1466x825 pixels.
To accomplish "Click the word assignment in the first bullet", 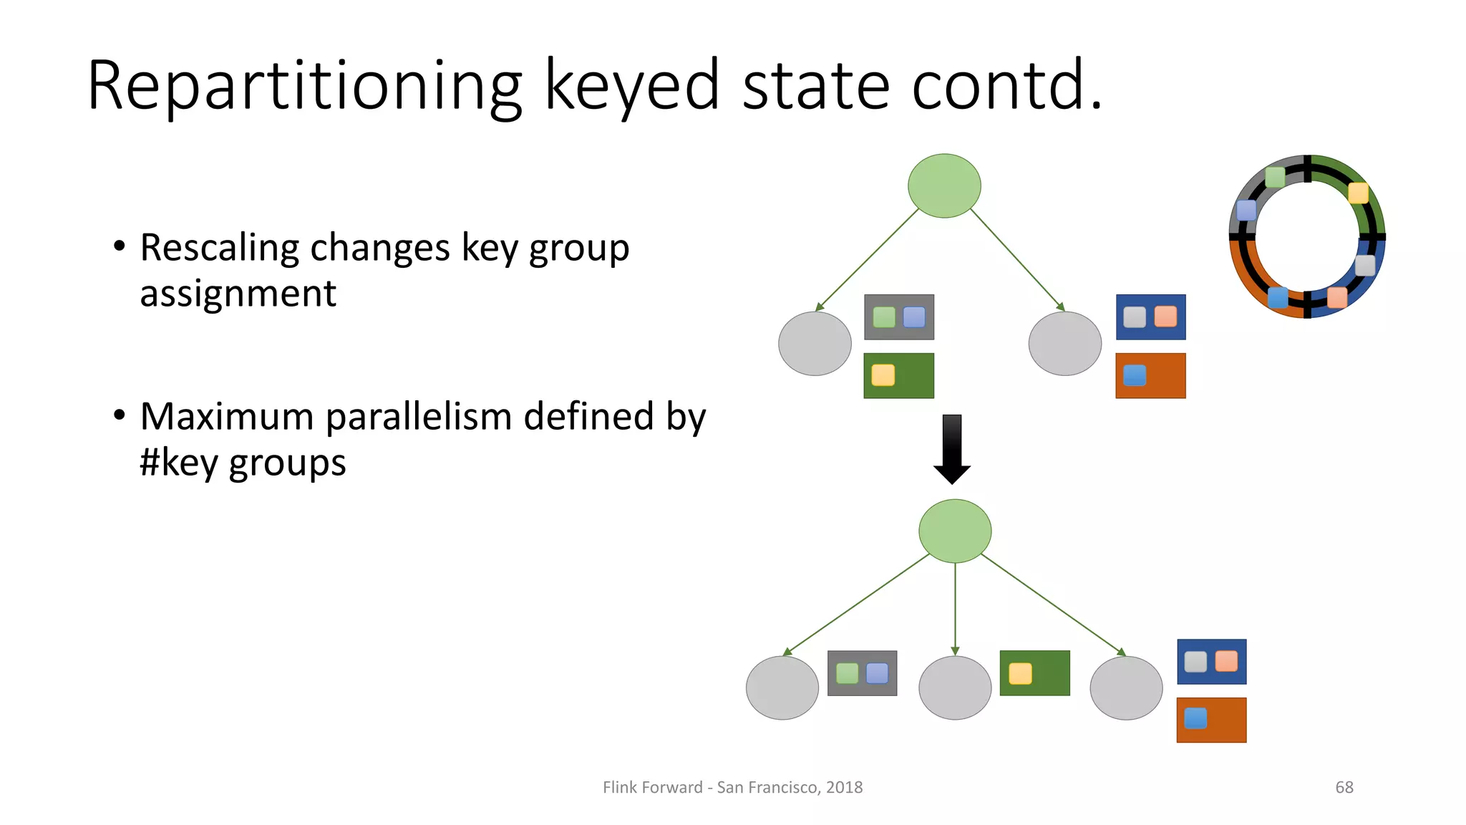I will (238, 294).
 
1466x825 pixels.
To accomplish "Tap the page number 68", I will (1344, 787).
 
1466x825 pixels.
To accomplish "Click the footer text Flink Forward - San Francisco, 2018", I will (732, 787).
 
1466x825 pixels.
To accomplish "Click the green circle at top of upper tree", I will (944, 185).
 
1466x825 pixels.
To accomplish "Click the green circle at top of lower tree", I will (955, 531).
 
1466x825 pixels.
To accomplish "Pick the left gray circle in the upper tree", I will (815, 343).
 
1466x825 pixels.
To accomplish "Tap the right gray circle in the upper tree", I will (1064, 343).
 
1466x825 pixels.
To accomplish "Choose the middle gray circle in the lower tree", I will (955, 687).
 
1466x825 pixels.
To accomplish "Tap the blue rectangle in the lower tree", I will (1211, 661).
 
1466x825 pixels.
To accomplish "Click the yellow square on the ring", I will (1358, 193).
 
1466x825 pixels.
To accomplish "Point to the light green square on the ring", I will (1275, 177).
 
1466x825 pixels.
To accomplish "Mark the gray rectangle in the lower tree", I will (862, 673).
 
